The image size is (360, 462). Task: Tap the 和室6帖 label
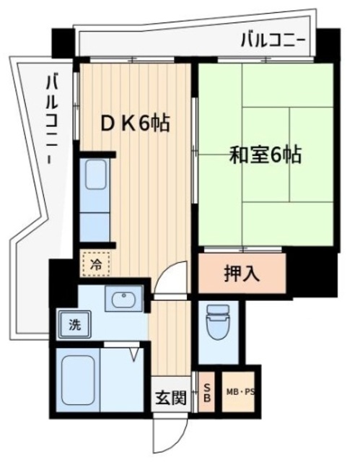coord(265,154)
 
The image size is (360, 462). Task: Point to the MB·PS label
coord(241,393)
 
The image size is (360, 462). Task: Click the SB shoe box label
coord(206,393)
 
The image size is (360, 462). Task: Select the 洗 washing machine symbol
coord(74,325)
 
